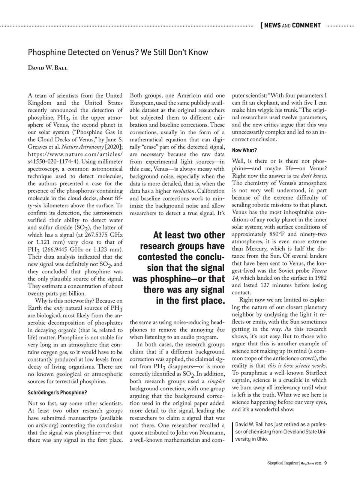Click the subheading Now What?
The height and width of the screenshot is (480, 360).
[244, 150]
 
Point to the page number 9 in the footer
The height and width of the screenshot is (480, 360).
[325, 463]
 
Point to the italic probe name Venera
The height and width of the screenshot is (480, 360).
[318, 270]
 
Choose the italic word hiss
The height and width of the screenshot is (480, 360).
[220, 330]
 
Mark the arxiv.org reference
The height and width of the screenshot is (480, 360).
[40, 426]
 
